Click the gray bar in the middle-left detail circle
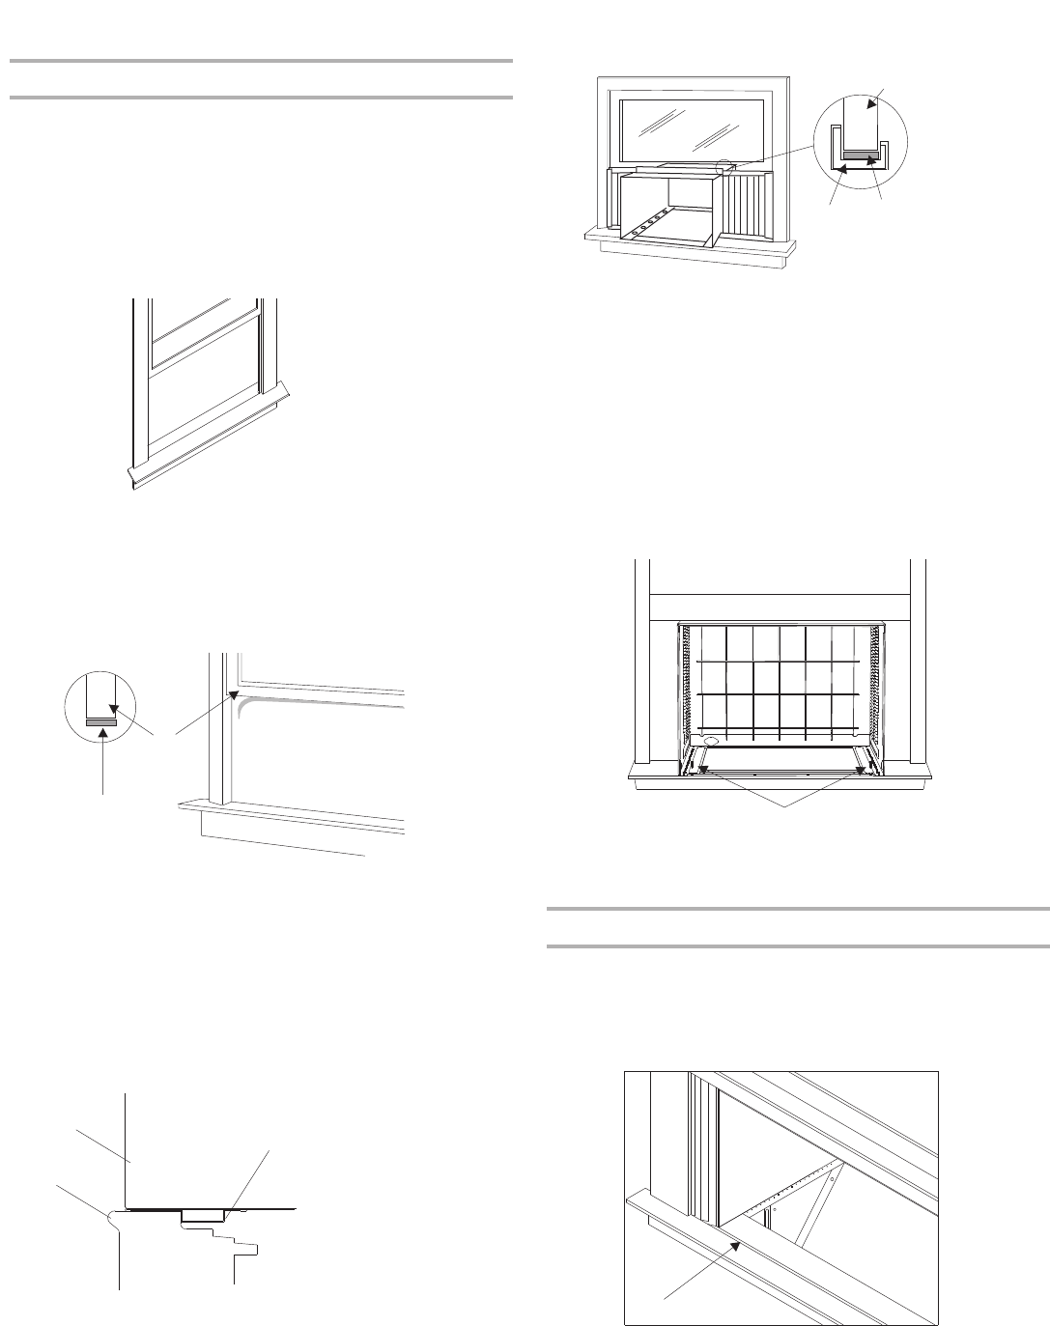click(x=100, y=720)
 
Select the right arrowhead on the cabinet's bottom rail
click(x=861, y=769)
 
